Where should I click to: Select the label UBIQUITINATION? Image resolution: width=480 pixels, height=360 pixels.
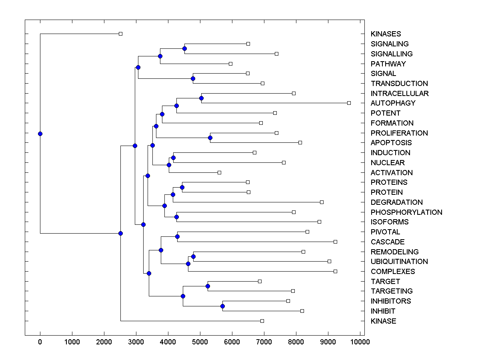[399, 262]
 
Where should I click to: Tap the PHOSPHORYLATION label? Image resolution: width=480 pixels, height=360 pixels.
[406, 212]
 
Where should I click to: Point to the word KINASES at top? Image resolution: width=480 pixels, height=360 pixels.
[386, 34]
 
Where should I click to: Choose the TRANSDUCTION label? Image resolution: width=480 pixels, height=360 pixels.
[399, 84]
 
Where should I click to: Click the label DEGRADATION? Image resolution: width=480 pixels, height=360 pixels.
[396, 202]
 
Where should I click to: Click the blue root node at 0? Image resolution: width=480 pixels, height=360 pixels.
[40, 134]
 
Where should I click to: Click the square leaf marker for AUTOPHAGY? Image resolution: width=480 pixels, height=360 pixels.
[349, 103]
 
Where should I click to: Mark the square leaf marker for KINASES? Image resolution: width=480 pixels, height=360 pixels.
[120, 34]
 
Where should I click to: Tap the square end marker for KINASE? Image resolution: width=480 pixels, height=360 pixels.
[262, 321]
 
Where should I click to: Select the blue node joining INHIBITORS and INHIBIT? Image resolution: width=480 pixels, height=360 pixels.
[223, 306]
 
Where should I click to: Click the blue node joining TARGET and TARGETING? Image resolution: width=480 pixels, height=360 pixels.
[208, 286]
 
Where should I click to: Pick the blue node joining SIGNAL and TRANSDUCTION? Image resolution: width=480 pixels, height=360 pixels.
[193, 78]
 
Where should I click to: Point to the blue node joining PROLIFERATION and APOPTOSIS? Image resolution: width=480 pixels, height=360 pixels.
[210, 138]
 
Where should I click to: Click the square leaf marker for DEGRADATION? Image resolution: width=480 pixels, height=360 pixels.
[322, 202]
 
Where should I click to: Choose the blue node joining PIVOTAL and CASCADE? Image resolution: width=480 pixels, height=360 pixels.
[177, 236]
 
